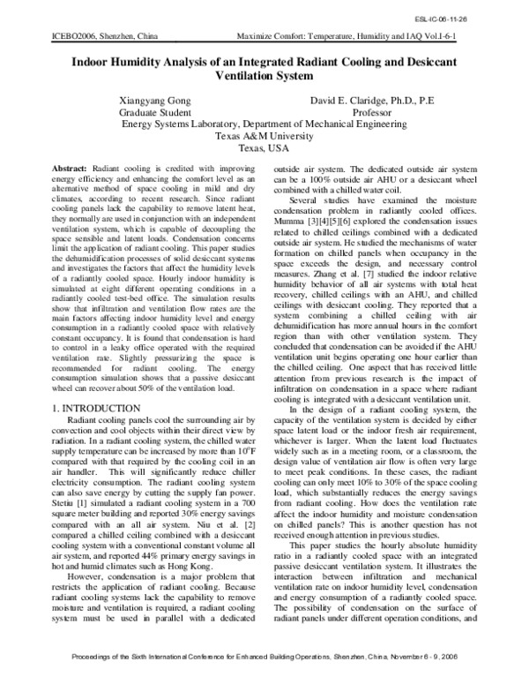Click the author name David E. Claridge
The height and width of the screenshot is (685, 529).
(353, 102)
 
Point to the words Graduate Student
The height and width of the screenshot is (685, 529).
(155, 114)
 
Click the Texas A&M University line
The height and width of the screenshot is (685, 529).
(264, 138)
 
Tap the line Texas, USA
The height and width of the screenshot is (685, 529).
(264, 150)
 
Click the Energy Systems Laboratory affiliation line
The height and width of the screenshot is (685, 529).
(264, 125)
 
